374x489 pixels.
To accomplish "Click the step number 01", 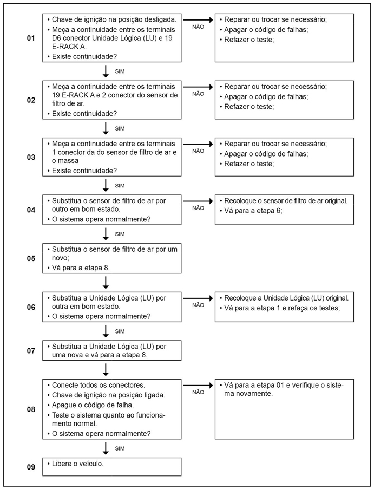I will tap(30, 38).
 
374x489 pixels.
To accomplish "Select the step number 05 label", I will tap(30, 258).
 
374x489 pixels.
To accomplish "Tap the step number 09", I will tap(30, 466).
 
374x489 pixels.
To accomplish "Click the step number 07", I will tap(30, 350).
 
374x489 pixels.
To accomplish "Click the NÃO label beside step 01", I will tap(198, 25).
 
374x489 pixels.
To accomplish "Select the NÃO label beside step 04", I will tap(198, 207).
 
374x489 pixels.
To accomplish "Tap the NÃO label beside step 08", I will tap(198, 392).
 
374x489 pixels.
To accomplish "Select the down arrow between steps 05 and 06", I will tap(106, 282).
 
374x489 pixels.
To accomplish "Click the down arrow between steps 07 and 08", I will tap(106, 369).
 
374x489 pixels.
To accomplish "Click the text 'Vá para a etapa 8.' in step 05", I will tap(83, 268).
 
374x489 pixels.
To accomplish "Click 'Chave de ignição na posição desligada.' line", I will tap(114, 19).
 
